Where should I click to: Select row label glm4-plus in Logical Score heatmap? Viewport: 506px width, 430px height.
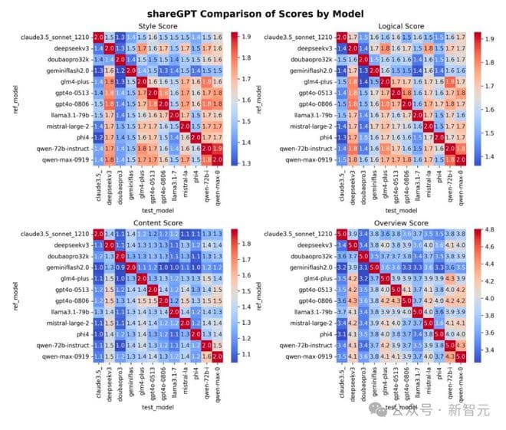pyautogui.click(x=314, y=82)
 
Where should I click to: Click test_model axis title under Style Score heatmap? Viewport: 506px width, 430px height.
pyautogui.click(x=159, y=209)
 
